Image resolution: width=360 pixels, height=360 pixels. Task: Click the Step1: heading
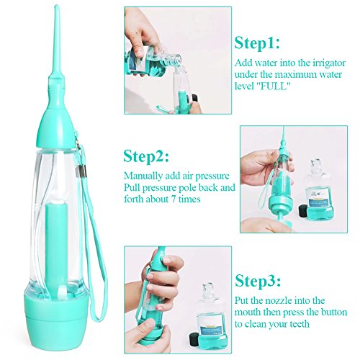[257, 43]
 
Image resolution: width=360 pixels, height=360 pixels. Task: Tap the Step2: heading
[146, 156]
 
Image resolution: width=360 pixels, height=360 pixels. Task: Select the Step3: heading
[258, 280]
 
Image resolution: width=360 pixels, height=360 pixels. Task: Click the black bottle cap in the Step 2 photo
[304, 211]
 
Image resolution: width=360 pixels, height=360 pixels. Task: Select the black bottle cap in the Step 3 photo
[194, 339]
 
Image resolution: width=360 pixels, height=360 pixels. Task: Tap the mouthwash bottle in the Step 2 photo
[318, 189]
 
